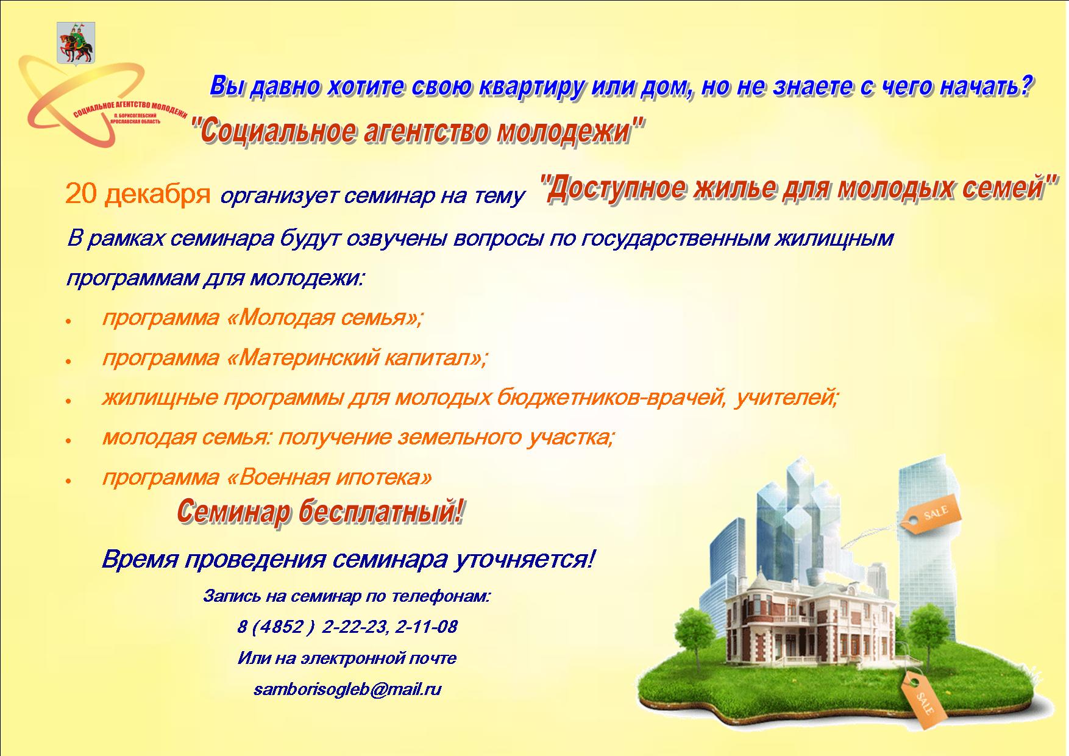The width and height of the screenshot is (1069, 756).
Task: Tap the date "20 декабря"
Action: click(x=138, y=194)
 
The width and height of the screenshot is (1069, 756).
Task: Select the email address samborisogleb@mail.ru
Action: click(x=347, y=690)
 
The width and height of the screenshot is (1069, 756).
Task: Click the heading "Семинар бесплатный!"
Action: click(x=321, y=512)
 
